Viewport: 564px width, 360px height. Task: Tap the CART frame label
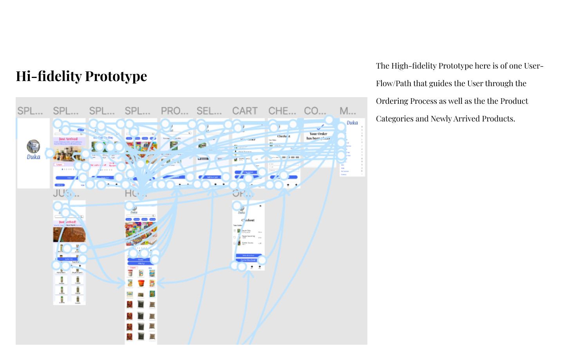tap(245, 111)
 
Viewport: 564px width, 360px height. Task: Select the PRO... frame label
tap(174, 111)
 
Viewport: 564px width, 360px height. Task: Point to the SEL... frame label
tap(209, 111)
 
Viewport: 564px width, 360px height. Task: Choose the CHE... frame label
tap(282, 111)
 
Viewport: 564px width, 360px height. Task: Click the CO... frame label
tap(315, 111)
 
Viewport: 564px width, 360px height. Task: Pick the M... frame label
tap(348, 111)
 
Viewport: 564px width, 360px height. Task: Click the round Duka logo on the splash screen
tap(33, 147)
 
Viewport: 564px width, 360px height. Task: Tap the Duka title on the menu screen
tap(352, 123)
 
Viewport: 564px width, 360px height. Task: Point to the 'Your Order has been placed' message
tap(318, 136)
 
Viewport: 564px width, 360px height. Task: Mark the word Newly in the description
tap(442, 119)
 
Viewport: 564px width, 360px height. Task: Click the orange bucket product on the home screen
tap(141, 283)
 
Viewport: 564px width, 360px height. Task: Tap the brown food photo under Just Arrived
tap(69, 235)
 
